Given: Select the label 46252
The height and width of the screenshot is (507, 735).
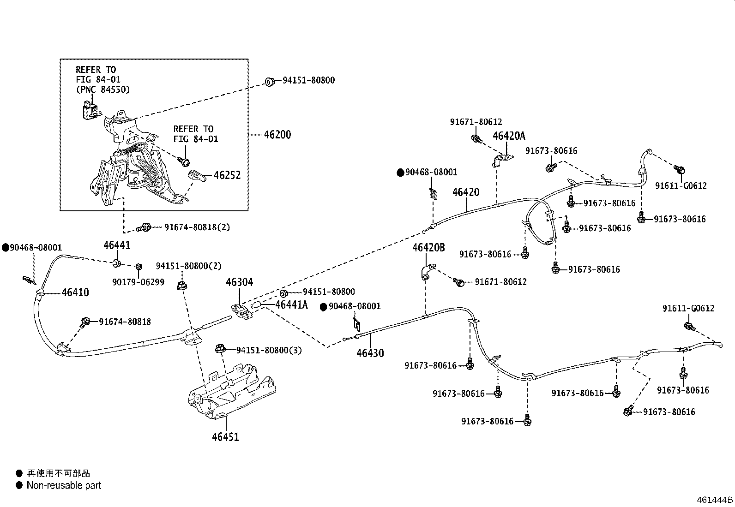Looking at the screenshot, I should pyautogui.click(x=227, y=176).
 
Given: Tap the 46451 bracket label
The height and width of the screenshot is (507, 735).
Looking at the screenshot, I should pyautogui.click(x=225, y=436).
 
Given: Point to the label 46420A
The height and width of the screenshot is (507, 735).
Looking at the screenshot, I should pyautogui.click(x=509, y=136).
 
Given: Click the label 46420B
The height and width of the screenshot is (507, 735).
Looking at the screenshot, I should pyautogui.click(x=428, y=248).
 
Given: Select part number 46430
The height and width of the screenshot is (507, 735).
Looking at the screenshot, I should pyautogui.click(x=370, y=353).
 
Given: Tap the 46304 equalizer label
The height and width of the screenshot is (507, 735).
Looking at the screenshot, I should pyautogui.click(x=239, y=282).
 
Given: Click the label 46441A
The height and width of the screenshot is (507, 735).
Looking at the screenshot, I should pyautogui.click(x=291, y=305).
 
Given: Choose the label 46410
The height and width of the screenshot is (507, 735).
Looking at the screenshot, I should pyautogui.click(x=75, y=292).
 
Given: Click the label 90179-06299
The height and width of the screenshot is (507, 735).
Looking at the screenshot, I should pyautogui.click(x=138, y=282).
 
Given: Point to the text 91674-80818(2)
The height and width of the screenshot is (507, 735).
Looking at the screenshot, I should pyautogui.click(x=197, y=227).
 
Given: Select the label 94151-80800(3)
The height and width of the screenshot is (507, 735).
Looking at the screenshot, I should pyautogui.click(x=269, y=350).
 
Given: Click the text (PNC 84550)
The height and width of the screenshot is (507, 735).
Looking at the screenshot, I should pyautogui.click(x=102, y=89).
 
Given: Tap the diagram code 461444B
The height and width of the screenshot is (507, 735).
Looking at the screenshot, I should pyautogui.click(x=715, y=500).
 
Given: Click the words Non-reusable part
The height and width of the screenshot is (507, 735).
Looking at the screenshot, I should pyautogui.click(x=64, y=485).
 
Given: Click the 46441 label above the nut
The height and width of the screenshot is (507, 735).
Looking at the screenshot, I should pyautogui.click(x=117, y=245).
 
